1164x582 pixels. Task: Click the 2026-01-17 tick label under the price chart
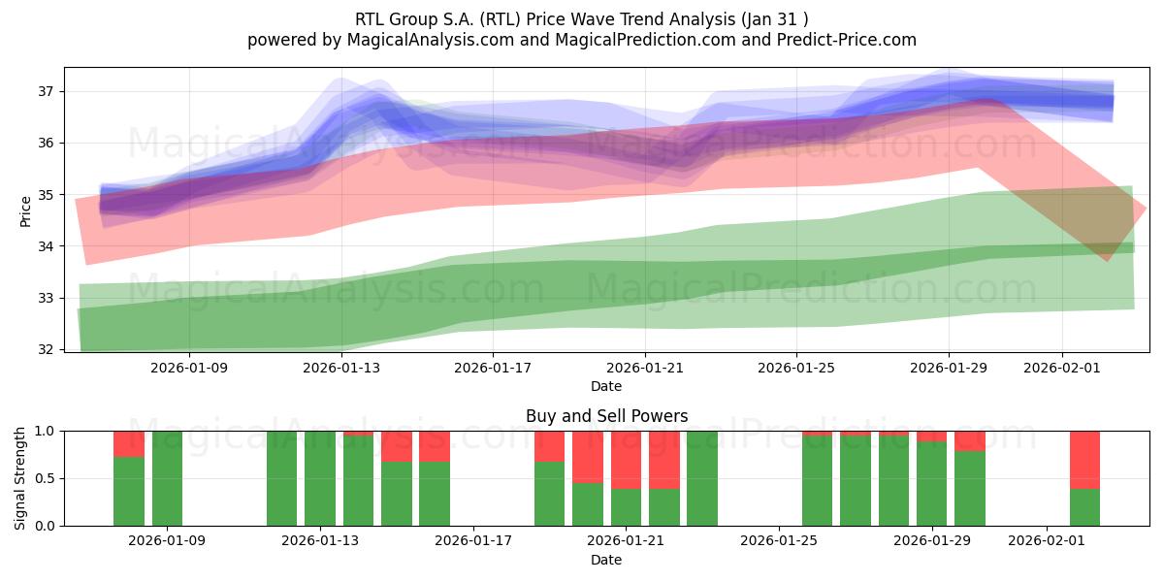(x=493, y=369)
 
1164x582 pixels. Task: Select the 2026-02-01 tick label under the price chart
(x=1062, y=369)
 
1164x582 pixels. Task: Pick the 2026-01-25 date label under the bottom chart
(x=779, y=541)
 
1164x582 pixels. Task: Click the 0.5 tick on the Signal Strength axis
(x=45, y=478)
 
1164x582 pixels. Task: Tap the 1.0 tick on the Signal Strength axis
(x=45, y=431)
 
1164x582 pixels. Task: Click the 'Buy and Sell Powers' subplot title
(x=606, y=416)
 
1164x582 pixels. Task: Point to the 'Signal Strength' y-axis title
(x=20, y=477)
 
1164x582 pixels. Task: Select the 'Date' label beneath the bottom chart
(x=606, y=560)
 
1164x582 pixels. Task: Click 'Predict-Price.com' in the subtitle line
(x=843, y=40)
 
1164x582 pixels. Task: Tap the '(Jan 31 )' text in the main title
(x=775, y=17)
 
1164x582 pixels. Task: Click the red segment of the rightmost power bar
(x=1084, y=459)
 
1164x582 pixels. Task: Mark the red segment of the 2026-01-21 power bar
(x=626, y=460)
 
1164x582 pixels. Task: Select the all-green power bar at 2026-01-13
(x=320, y=478)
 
